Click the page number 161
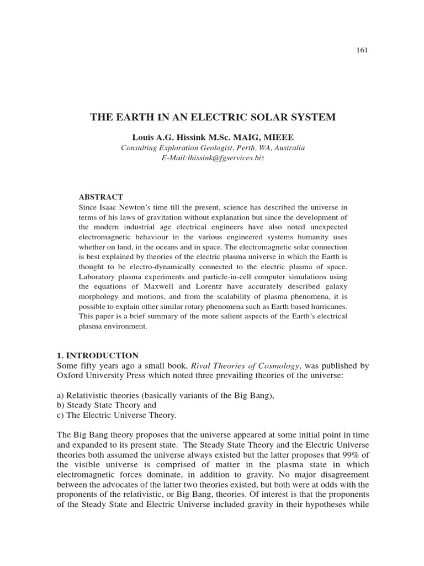(362, 50)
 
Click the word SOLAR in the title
(270, 117)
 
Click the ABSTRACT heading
(101, 197)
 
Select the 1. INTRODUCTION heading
(98, 355)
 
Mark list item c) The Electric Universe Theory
(116, 415)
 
